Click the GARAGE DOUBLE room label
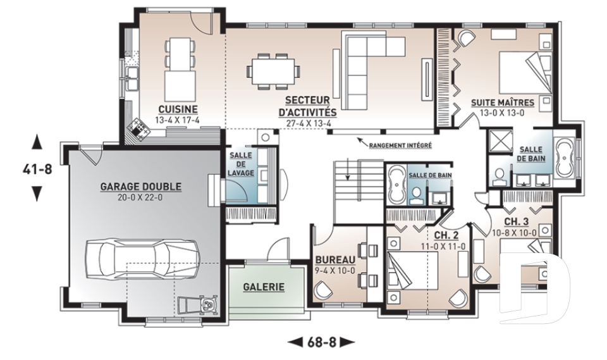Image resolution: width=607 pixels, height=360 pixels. pyautogui.click(x=141, y=187)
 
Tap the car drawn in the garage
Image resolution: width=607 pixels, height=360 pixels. pyautogui.click(x=142, y=259)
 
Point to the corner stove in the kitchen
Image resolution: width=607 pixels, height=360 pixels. pyautogui.click(x=138, y=128)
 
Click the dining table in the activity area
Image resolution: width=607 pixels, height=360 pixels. pyautogui.click(x=273, y=71)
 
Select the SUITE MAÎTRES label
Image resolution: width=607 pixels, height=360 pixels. pyautogui.click(x=503, y=102)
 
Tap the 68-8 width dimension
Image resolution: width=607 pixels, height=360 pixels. pyautogui.click(x=321, y=342)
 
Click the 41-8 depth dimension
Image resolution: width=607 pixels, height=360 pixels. pyautogui.click(x=37, y=169)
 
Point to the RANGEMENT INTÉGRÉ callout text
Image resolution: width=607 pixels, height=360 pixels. pyautogui.click(x=400, y=146)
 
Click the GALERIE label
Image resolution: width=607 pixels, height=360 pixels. pyautogui.click(x=264, y=287)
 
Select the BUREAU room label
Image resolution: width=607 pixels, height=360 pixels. pyautogui.click(x=335, y=259)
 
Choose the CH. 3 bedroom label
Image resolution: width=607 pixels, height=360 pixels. pyautogui.click(x=516, y=221)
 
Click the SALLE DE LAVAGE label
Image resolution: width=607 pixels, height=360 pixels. pyautogui.click(x=240, y=164)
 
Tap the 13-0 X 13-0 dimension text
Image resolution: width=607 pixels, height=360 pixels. pyautogui.click(x=503, y=113)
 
